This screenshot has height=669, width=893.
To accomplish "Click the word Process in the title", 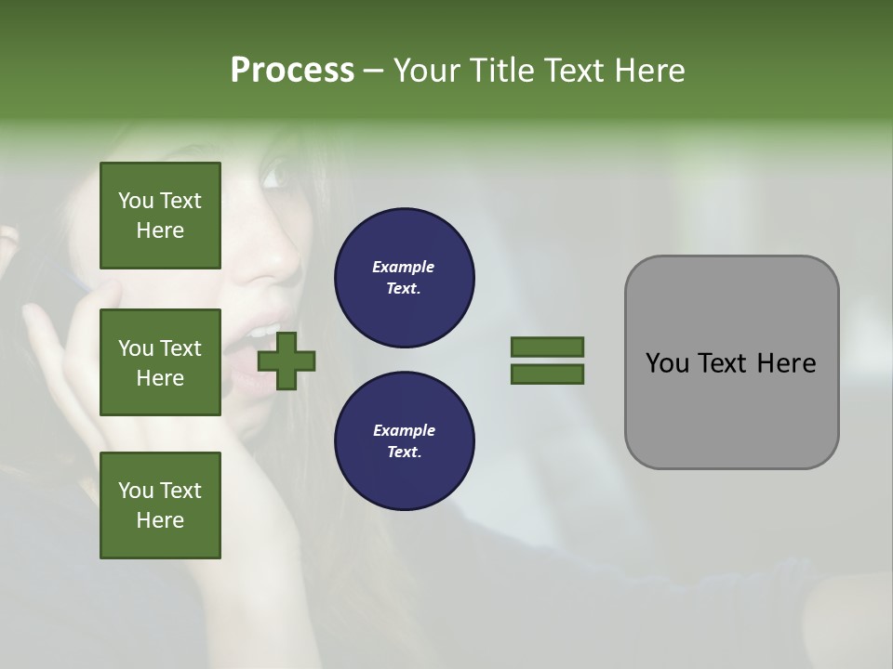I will click(292, 71).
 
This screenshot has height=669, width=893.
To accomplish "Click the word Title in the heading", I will click(506, 71).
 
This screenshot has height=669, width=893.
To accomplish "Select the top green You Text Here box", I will click(160, 216).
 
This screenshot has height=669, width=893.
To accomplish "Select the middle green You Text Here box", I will click(160, 362).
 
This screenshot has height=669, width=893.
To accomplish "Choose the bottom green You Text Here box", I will click(160, 505).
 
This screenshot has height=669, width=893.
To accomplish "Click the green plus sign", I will click(287, 361).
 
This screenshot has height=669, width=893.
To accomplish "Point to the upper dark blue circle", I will click(404, 278).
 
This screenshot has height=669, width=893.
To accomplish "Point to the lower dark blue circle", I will click(404, 440).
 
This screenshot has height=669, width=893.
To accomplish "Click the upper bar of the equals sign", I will click(547, 347).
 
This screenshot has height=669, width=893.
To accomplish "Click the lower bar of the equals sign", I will click(547, 374).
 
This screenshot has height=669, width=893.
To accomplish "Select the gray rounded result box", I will click(731, 362).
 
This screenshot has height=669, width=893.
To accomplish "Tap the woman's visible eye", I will click(274, 173).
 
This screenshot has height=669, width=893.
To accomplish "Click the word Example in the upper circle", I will click(404, 267).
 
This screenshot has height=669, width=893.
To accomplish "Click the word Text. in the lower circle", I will click(404, 452).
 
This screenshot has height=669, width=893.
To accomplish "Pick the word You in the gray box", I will click(666, 362).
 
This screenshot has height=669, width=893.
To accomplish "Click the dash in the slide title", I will click(374, 71).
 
